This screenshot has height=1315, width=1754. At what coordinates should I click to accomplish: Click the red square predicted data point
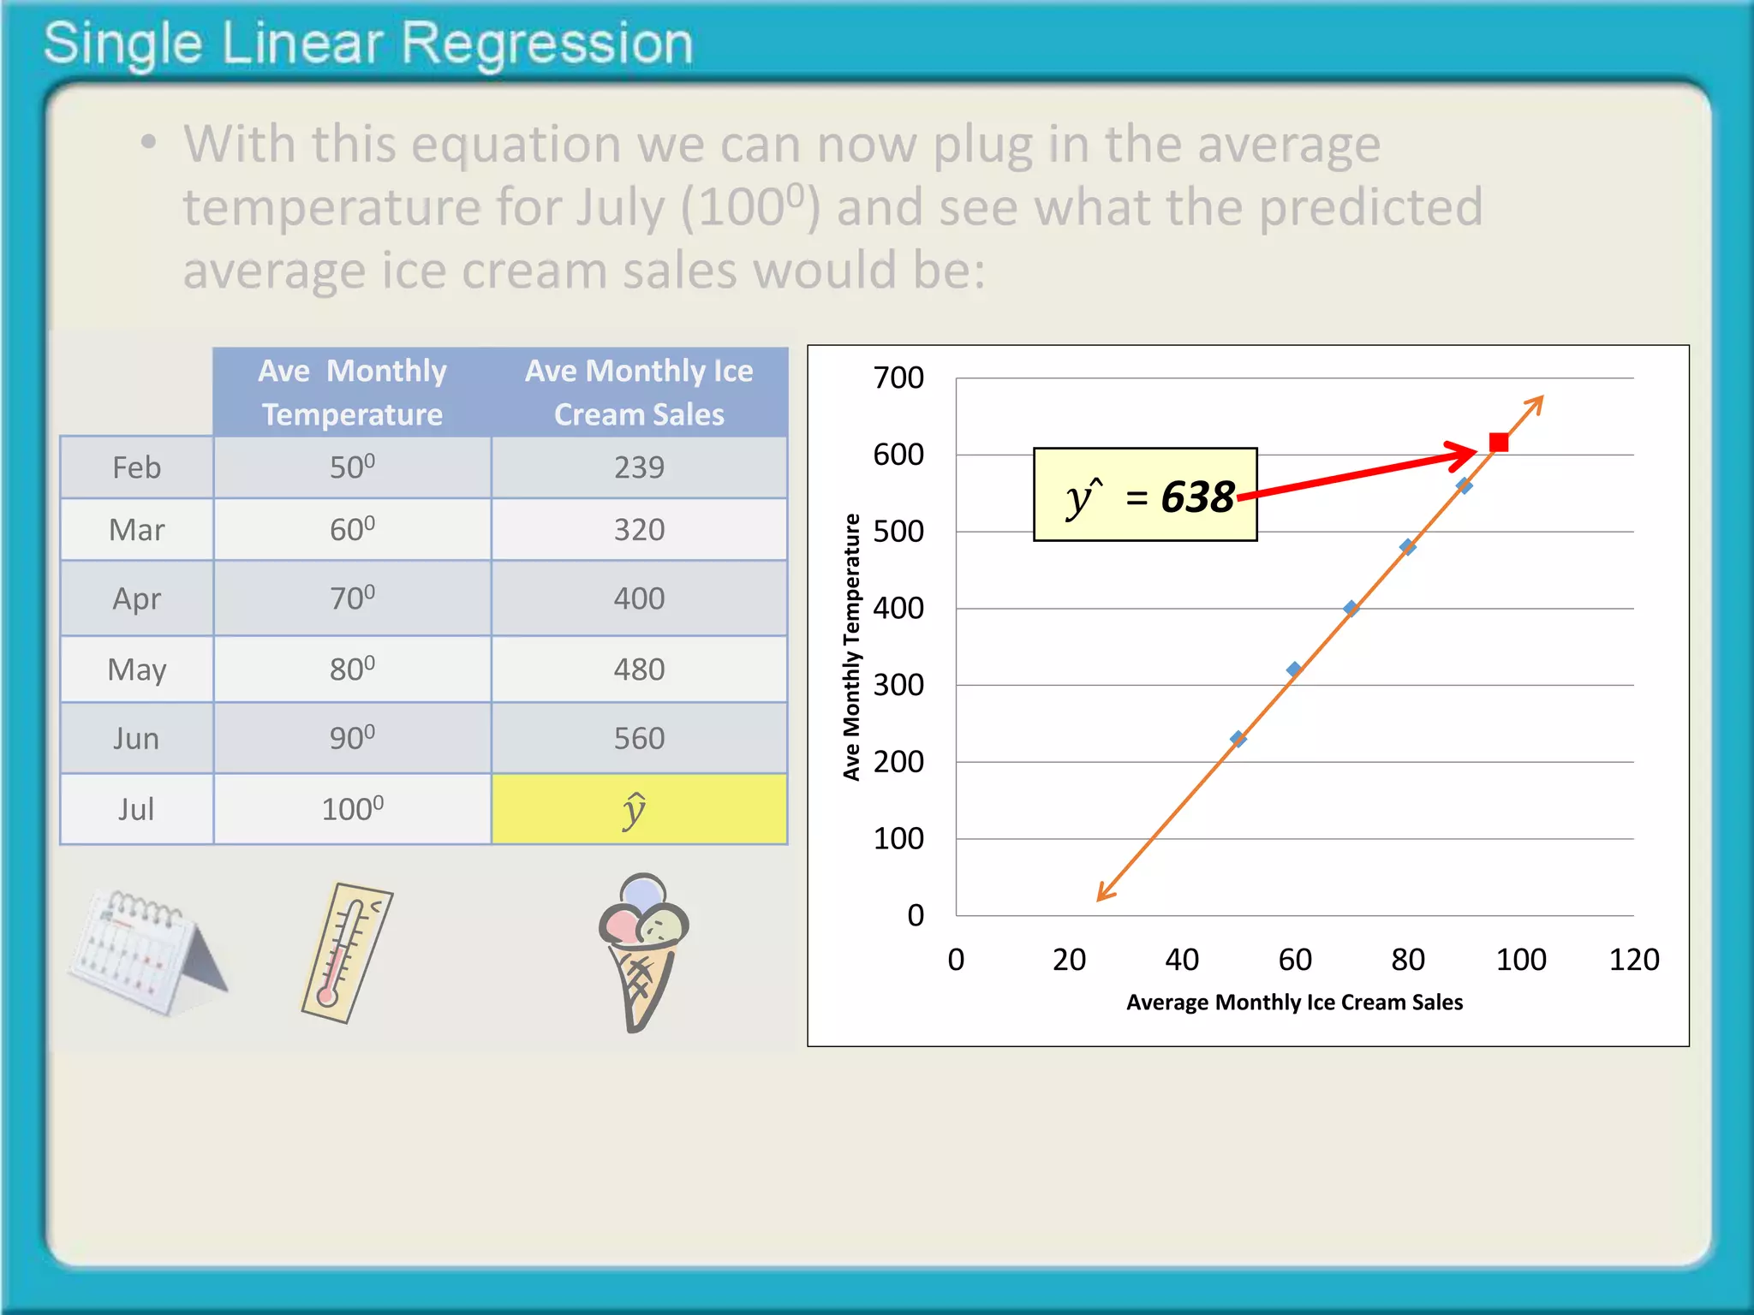tap(1498, 443)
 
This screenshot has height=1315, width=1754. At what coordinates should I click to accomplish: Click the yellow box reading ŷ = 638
tap(1145, 495)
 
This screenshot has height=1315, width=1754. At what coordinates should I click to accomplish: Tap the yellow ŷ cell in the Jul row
tap(639, 809)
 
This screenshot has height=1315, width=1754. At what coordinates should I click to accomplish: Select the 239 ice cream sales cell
tap(639, 467)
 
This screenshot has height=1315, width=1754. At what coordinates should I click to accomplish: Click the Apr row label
tap(137, 598)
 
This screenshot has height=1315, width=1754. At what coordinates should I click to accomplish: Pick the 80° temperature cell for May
tap(352, 669)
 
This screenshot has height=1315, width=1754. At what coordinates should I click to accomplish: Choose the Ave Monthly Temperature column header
tap(352, 392)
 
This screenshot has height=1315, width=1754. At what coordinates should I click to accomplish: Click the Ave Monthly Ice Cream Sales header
tap(639, 392)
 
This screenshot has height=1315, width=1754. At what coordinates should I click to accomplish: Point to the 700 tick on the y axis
tap(898, 378)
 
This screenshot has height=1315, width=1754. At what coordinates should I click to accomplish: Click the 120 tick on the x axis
tap(1633, 960)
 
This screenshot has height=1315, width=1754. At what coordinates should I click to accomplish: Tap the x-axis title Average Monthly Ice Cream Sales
tap(1294, 1003)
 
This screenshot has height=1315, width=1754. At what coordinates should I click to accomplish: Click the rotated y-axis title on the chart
tap(851, 647)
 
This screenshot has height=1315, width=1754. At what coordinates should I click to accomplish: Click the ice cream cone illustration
tap(643, 950)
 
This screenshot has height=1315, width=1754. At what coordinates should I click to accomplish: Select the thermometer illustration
tap(346, 953)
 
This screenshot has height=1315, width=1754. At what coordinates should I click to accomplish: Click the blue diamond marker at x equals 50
tap(1238, 739)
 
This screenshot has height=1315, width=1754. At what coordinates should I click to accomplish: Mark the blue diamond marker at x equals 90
tap(1464, 486)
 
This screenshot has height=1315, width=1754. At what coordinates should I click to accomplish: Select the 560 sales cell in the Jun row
tap(639, 739)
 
